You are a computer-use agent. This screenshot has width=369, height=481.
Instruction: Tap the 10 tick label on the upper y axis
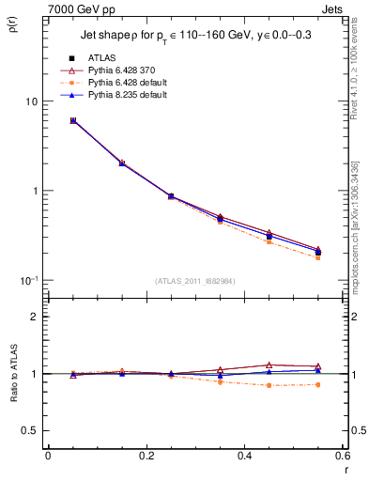pos(29,101)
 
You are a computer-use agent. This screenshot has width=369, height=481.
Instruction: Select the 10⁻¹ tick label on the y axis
pos(27,280)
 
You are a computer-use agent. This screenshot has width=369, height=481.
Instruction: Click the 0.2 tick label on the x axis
pos(146,456)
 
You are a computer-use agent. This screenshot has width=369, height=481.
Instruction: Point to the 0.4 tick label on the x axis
pos(243,456)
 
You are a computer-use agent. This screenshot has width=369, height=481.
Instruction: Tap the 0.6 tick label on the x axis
pos(341,456)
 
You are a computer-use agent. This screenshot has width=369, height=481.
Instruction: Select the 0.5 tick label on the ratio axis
pos(29,431)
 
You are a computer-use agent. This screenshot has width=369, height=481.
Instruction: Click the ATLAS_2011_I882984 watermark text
pos(194,281)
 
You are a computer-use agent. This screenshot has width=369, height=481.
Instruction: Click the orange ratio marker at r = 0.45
pos(269,385)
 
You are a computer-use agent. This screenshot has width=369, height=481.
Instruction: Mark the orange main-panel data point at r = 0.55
pos(317,257)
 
